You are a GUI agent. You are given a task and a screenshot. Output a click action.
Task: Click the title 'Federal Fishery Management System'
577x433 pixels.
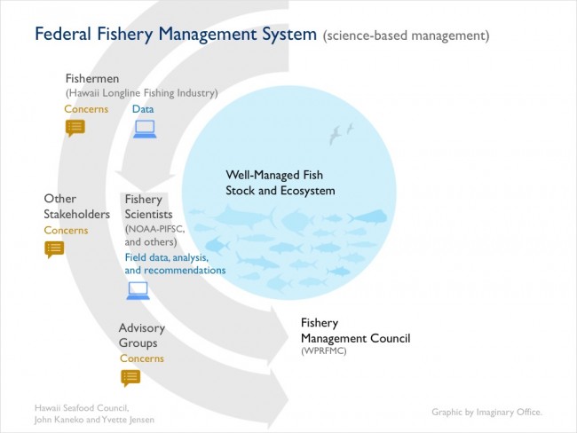(176, 35)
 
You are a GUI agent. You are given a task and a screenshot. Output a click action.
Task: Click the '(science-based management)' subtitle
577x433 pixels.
(407, 35)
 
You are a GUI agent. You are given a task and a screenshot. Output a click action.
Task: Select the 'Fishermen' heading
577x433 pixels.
(92, 78)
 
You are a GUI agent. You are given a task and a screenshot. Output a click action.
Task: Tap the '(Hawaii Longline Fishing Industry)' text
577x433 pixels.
(142, 93)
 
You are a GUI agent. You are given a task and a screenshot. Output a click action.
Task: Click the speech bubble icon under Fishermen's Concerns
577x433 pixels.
(75, 128)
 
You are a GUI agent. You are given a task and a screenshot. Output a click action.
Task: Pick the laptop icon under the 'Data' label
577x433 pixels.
(145, 130)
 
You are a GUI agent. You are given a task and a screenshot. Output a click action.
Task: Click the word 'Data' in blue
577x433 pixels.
(143, 109)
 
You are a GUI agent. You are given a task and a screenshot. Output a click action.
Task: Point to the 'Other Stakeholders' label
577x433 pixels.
(76, 207)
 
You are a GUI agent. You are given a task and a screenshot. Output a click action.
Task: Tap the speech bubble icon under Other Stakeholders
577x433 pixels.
(54, 249)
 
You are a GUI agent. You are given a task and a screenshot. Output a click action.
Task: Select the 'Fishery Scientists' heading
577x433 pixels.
(148, 207)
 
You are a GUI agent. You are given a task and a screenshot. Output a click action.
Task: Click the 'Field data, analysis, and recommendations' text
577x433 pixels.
(175, 264)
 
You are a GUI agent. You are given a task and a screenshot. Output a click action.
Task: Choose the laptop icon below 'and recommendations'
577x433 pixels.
(138, 291)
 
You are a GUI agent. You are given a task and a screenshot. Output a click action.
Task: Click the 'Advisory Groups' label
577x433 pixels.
(142, 335)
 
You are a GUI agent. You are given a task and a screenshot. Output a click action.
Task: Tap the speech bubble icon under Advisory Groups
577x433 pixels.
(130, 378)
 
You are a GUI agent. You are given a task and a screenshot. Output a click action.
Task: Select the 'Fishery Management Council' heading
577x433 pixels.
(355, 330)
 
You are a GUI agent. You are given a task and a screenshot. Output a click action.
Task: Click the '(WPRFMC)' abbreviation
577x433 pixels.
(323, 351)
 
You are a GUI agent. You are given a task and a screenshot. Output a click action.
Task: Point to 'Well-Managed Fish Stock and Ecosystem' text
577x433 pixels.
(280, 183)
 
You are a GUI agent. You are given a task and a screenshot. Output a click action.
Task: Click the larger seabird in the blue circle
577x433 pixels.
(335, 135)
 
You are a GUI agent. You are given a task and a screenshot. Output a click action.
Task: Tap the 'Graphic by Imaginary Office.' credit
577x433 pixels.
(486, 412)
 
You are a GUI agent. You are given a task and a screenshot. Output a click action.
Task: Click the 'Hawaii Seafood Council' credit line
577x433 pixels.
(82, 408)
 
